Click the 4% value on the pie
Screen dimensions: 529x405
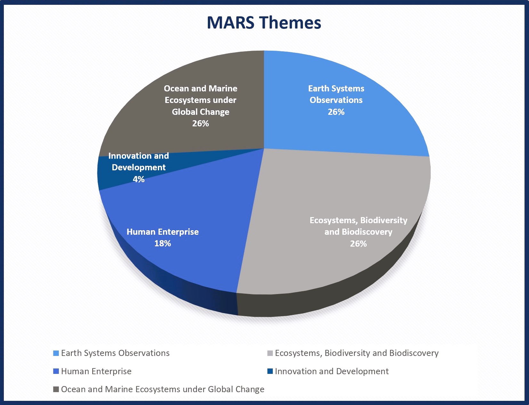click(x=139, y=179)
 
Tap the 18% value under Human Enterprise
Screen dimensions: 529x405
click(x=163, y=243)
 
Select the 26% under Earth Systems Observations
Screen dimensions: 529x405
click(x=336, y=112)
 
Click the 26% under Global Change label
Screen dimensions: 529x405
click(x=200, y=123)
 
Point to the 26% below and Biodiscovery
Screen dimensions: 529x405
click(x=358, y=243)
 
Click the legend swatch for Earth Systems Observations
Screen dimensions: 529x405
click(x=56, y=353)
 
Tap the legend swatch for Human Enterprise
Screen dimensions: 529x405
click(x=56, y=371)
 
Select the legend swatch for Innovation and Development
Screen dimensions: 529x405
click(x=270, y=371)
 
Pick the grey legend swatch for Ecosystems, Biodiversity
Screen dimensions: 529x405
click(x=270, y=353)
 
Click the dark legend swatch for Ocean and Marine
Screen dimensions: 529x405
click(x=56, y=389)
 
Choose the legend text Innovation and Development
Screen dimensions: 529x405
click(x=332, y=371)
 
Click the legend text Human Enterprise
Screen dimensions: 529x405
click(x=96, y=371)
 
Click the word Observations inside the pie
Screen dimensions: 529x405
click(x=336, y=100)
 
